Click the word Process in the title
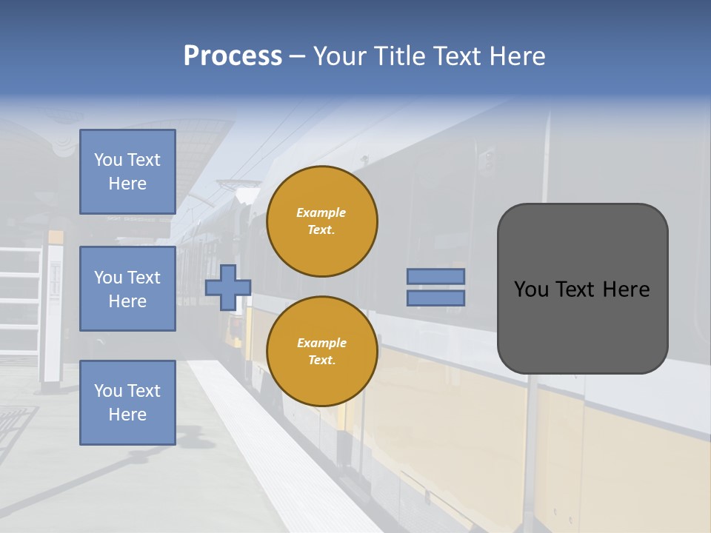233,56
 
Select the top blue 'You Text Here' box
127,172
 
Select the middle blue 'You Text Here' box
127,289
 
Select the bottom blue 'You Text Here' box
127,402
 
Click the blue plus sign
228,287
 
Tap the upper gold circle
321,221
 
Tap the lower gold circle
321,352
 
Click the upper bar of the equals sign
435,276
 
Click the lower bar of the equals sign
435,298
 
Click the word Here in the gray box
626,289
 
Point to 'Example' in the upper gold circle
321,213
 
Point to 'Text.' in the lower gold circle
321,361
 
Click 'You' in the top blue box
108,160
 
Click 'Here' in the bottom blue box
127,415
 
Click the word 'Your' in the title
338,56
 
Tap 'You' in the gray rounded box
531,289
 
